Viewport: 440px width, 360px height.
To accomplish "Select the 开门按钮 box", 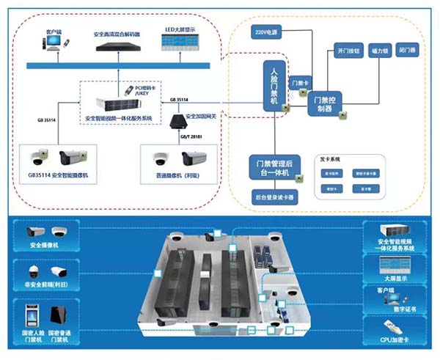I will point(345,52).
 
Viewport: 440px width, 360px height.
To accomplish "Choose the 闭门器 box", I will point(406,52).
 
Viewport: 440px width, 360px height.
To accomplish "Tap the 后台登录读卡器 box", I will point(274,196).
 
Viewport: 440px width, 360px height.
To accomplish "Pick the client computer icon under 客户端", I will point(53,46).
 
